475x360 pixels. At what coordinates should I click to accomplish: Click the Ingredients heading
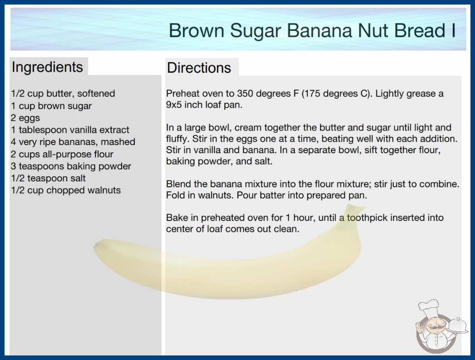tap(47, 67)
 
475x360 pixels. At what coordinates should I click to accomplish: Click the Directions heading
tap(199, 68)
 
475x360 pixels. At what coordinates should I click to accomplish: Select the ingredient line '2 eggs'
tap(25, 118)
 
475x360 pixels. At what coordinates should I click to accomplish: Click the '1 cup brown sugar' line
tap(51, 106)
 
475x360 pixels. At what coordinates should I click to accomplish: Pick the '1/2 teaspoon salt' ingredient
tap(48, 178)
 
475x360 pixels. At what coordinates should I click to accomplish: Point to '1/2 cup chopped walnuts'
tap(66, 190)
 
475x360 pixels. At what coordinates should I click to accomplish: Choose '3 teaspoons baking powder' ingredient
tap(71, 166)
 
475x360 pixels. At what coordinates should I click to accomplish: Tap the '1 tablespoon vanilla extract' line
tap(70, 130)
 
